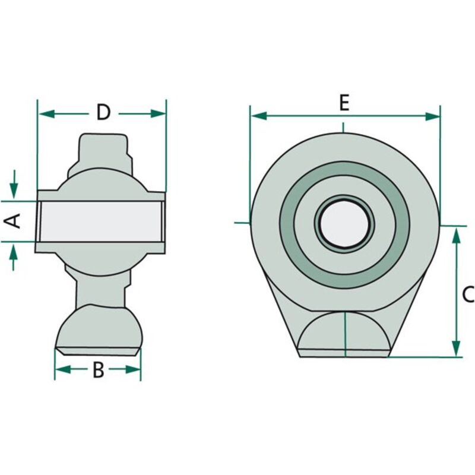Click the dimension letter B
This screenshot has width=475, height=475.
[98, 369]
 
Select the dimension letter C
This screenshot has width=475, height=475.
[468, 294]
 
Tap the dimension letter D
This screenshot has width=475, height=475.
[103, 112]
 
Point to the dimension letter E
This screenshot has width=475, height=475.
[344, 103]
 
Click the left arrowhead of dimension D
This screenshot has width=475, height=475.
[47, 114]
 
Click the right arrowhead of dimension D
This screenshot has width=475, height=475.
[158, 114]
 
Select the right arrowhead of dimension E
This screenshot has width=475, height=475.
[433, 116]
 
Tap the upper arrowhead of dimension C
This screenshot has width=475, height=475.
[456, 236]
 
